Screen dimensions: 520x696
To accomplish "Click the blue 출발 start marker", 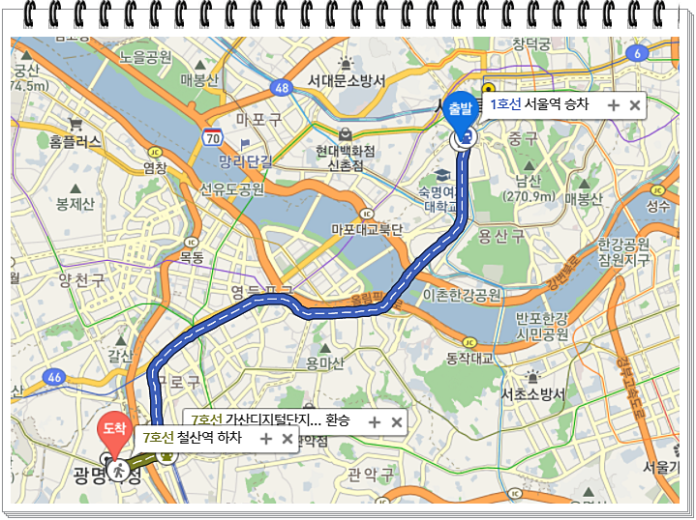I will point(459,108).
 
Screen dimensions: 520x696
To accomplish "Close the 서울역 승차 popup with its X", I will point(635,104).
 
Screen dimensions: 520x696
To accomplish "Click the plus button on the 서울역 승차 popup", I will point(614,104).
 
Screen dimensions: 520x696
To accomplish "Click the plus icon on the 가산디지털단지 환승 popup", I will point(375,421).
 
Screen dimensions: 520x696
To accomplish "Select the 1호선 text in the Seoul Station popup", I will point(505,104).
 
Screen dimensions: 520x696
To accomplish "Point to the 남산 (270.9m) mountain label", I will point(528,188).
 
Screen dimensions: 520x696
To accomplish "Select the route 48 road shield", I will point(282,88).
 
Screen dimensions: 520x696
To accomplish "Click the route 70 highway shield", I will point(213,137).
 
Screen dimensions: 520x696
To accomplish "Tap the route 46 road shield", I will point(55,376).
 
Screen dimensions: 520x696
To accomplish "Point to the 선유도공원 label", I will point(231,188).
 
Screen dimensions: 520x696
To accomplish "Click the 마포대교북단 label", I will point(366,229).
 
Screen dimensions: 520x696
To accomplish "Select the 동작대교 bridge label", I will point(469,359).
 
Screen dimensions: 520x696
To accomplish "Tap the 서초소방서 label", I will point(532,394).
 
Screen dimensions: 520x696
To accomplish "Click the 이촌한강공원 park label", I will point(462,294).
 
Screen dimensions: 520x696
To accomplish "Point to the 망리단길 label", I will point(244,160).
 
